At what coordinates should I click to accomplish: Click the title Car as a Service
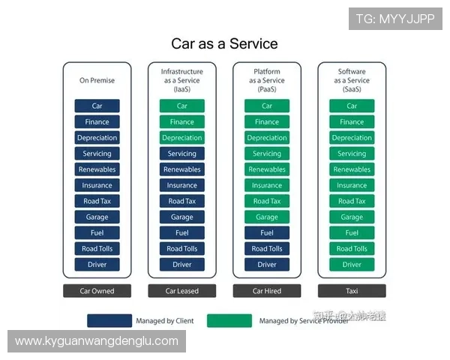coord(224,43)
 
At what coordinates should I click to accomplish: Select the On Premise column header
coord(97,80)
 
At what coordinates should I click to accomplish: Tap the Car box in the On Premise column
coord(97,106)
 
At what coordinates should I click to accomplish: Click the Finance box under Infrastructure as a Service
coord(181,121)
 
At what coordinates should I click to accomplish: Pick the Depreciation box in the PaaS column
coord(267,138)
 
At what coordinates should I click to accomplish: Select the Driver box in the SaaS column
coord(352,264)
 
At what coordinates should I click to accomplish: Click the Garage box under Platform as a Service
coord(267,217)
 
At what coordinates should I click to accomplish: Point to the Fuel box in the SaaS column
coord(352,232)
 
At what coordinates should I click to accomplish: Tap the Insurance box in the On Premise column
coord(97,185)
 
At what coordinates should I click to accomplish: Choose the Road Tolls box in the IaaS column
coord(181,248)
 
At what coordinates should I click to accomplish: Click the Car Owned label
coord(97,291)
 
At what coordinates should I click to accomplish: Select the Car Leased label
coord(181,291)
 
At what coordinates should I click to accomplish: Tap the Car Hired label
coord(267,291)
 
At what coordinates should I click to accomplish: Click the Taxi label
coord(352,291)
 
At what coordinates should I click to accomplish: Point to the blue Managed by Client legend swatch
coord(109,321)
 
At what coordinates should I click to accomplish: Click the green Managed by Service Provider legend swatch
coord(229,321)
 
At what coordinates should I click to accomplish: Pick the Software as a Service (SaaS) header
coord(352,80)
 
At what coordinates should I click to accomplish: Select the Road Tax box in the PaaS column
coord(267,201)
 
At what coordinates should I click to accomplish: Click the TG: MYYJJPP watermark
coord(395,18)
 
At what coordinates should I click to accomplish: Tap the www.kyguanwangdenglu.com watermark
coord(97,341)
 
